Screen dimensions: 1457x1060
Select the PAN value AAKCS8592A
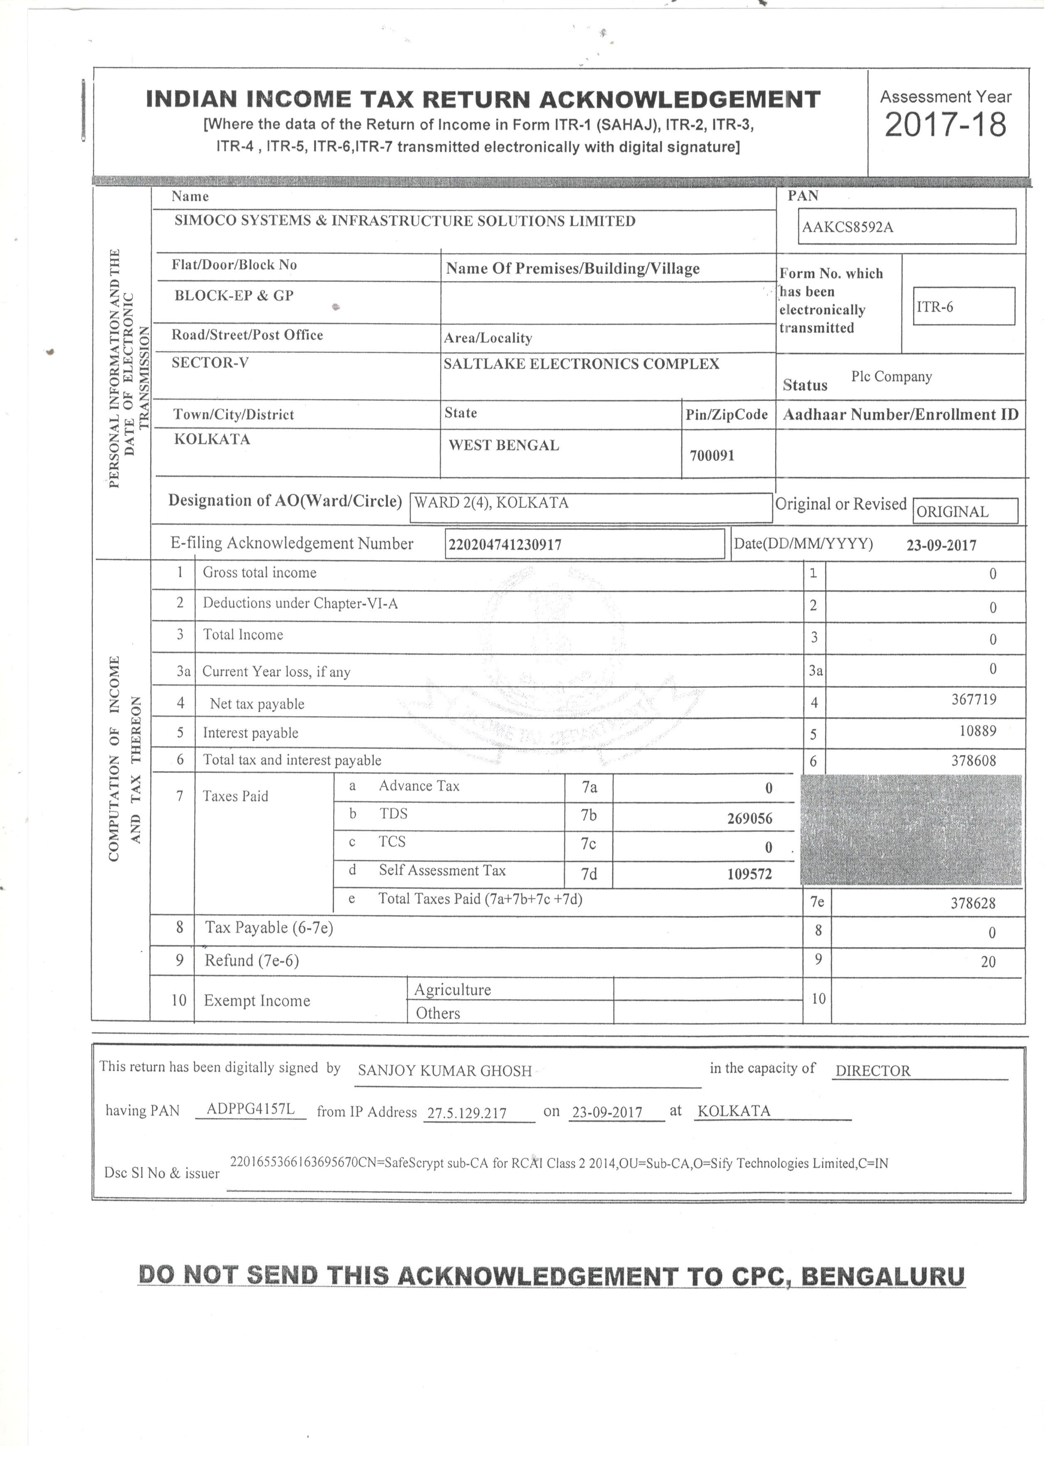[x=847, y=227]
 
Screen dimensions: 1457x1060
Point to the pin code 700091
[x=712, y=456]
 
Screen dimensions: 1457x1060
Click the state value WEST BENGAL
[x=503, y=445]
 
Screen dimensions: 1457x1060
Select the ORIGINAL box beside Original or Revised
[x=952, y=512]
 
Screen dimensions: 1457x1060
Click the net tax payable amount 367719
[x=973, y=700]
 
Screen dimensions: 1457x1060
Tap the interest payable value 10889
[x=975, y=731]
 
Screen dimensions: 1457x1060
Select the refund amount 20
[x=988, y=962]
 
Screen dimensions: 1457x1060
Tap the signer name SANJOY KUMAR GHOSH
[x=445, y=1071]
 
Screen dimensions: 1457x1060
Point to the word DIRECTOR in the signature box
[x=872, y=1071]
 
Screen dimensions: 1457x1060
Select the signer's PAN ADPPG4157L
[x=250, y=1109]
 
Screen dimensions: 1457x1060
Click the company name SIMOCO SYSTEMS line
[x=405, y=221]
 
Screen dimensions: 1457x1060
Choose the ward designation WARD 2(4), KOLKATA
[x=492, y=503]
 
